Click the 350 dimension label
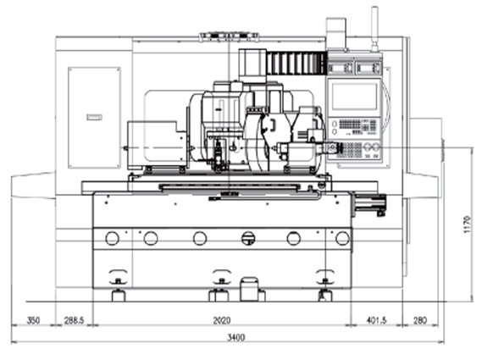click(33, 320)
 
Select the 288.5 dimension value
click(74, 320)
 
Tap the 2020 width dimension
click(222, 320)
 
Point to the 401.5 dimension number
click(377, 320)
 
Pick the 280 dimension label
click(420, 320)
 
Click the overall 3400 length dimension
click(236, 338)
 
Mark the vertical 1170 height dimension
click(467, 224)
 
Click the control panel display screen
click(354, 97)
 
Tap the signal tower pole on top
click(374, 29)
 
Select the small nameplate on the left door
click(94, 117)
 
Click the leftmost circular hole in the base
click(112, 238)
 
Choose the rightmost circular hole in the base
click(342, 238)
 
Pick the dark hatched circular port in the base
click(248, 238)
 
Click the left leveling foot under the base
click(119, 295)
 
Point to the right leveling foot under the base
click(325, 295)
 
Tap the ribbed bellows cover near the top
click(296, 63)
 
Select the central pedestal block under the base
click(249, 289)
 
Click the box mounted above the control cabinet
click(336, 33)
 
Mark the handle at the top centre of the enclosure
click(229, 36)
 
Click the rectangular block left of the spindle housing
click(157, 145)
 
